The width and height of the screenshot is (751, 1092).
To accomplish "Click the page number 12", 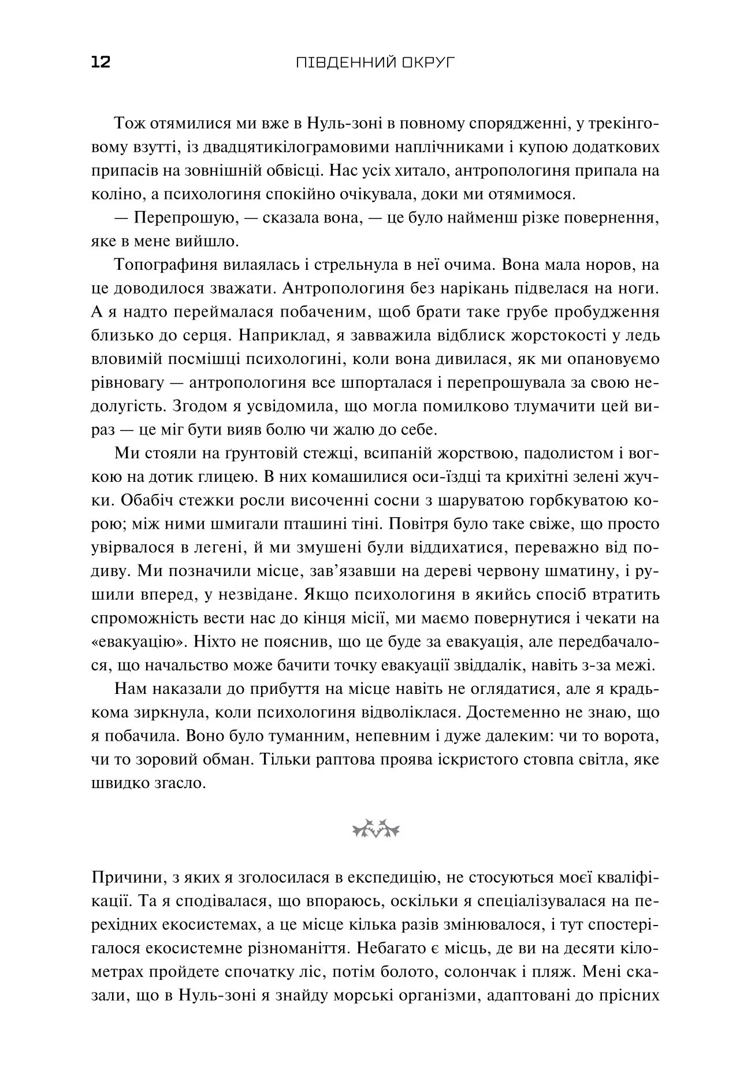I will tap(101, 62).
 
